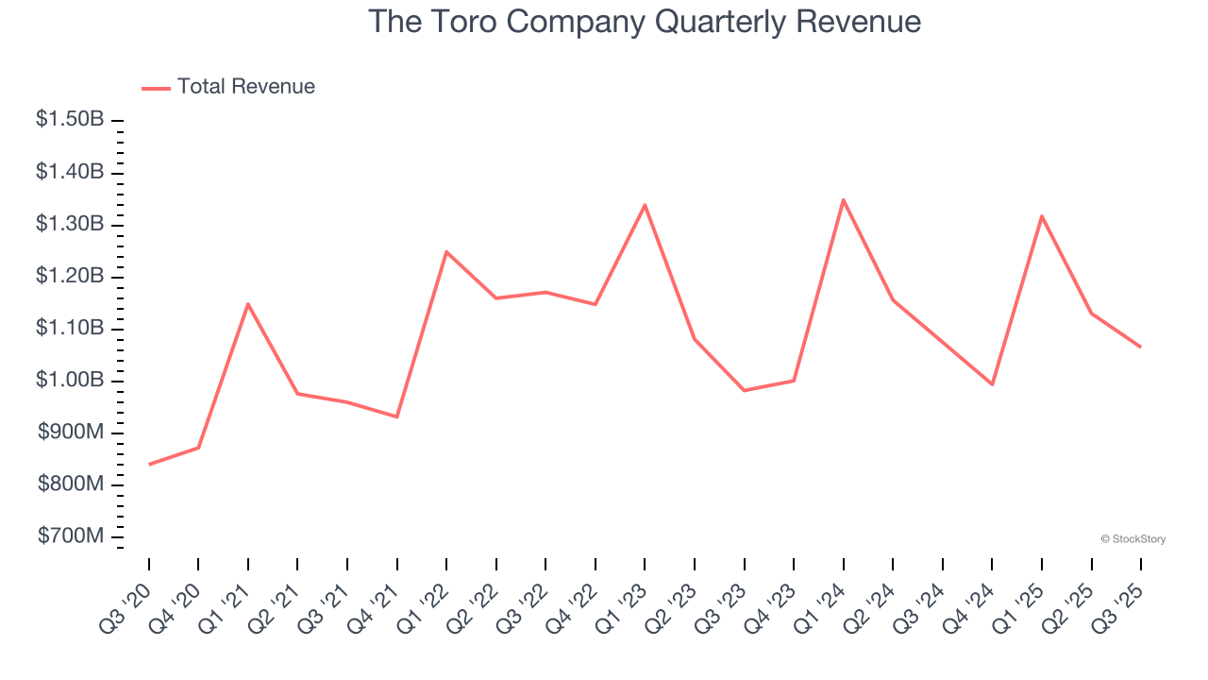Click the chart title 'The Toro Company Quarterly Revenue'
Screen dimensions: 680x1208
click(644, 21)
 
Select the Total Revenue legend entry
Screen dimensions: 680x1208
click(228, 87)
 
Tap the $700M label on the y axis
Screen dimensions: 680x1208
click(71, 536)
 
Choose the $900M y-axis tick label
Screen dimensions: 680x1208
click(71, 433)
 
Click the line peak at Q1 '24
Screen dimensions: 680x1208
click(843, 199)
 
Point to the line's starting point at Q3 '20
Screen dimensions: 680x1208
click(149, 465)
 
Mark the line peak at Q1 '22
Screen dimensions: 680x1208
click(446, 251)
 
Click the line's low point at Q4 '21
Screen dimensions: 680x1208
click(396, 416)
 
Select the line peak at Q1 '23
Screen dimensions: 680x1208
click(645, 205)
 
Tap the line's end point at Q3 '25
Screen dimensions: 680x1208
click(1140, 347)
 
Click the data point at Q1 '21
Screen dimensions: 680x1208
click(248, 303)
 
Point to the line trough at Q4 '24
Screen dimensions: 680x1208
click(992, 384)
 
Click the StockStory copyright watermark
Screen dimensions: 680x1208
click(1132, 539)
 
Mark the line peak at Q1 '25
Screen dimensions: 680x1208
click(1042, 216)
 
